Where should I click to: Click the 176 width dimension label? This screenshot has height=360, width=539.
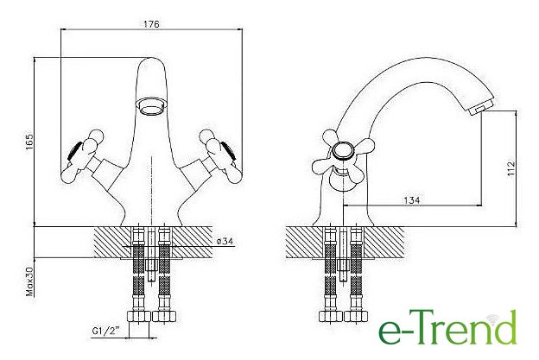[x=152, y=24]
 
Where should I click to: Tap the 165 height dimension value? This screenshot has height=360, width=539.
[x=29, y=141]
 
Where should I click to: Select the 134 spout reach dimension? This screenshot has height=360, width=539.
[x=412, y=200]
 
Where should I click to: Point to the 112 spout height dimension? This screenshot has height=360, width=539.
[x=511, y=168]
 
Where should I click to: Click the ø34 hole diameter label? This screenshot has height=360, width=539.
[x=225, y=241]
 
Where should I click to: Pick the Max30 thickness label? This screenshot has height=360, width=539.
[x=30, y=282]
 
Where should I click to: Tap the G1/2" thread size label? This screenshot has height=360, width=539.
[x=105, y=332]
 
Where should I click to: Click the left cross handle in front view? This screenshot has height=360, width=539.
[x=83, y=156]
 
